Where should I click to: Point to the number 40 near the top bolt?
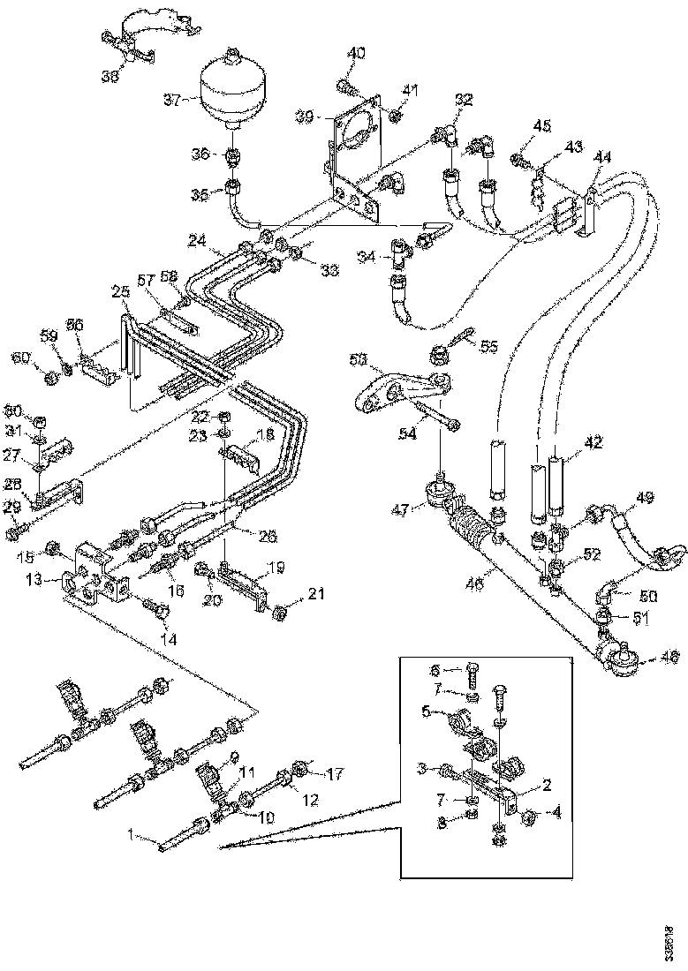pos(355,54)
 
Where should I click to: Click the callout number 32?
pos(465,99)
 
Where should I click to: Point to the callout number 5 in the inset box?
pos(426,710)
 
